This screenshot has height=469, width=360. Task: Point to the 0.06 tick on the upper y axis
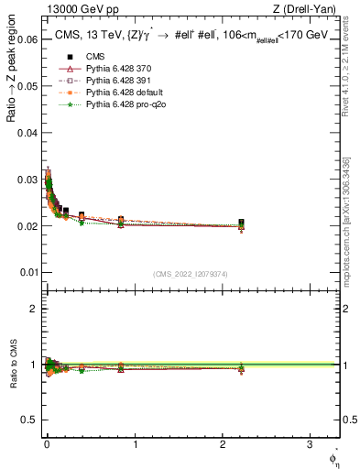(x=27, y=39)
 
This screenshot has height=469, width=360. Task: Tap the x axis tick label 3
(x=311, y=445)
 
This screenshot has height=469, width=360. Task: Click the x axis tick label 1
(x=135, y=445)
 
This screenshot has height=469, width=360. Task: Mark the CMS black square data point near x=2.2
(x=241, y=223)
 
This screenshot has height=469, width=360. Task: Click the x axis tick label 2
(x=223, y=445)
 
